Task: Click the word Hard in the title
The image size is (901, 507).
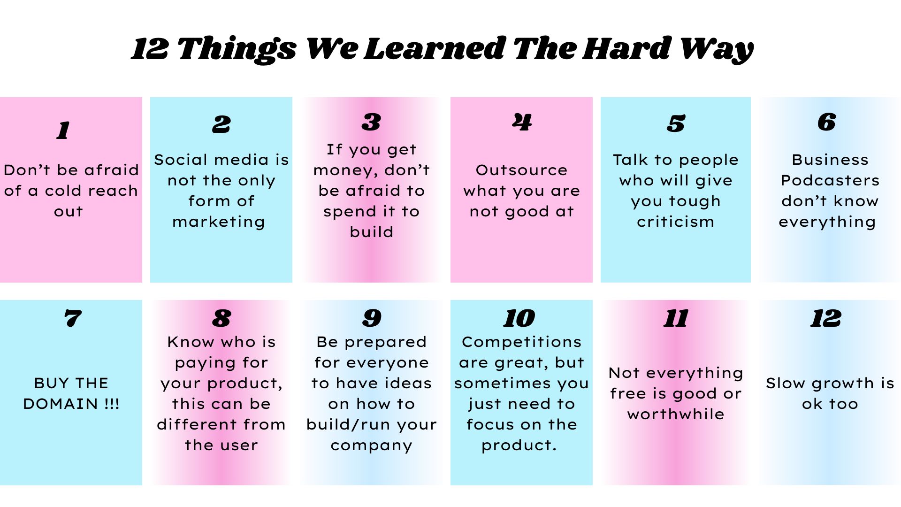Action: [x=626, y=48]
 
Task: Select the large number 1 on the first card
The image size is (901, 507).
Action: [x=63, y=130]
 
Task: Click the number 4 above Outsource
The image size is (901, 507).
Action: [x=522, y=122]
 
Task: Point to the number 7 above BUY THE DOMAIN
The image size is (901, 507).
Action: [x=73, y=318]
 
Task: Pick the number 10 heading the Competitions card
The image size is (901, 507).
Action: [x=519, y=318]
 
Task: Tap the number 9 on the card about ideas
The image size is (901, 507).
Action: [x=372, y=318]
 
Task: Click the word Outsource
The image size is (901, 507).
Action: [x=521, y=170]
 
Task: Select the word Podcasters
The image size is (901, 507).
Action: [x=830, y=180]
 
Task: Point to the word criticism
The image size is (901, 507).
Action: [x=675, y=222]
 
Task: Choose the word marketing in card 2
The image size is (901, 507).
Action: [x=219, y=222]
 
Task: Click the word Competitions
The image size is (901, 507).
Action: [x=521, y=342]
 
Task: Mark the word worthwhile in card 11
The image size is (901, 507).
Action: [x=676, y=414]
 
